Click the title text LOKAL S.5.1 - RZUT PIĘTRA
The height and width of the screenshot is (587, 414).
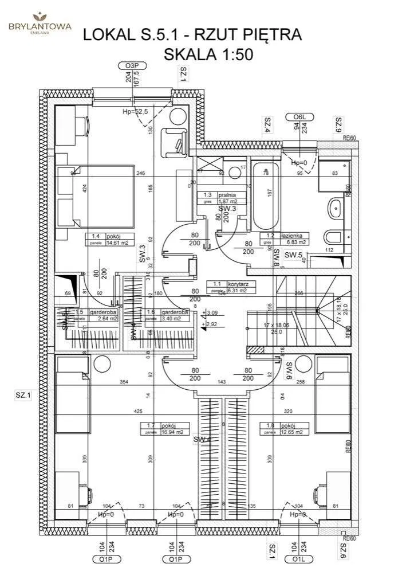pos(192,34)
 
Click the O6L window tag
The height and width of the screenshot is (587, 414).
pos(300,118)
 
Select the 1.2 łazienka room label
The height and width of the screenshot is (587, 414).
pos(285,238)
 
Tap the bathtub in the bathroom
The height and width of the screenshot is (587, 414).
pos(266,195)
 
